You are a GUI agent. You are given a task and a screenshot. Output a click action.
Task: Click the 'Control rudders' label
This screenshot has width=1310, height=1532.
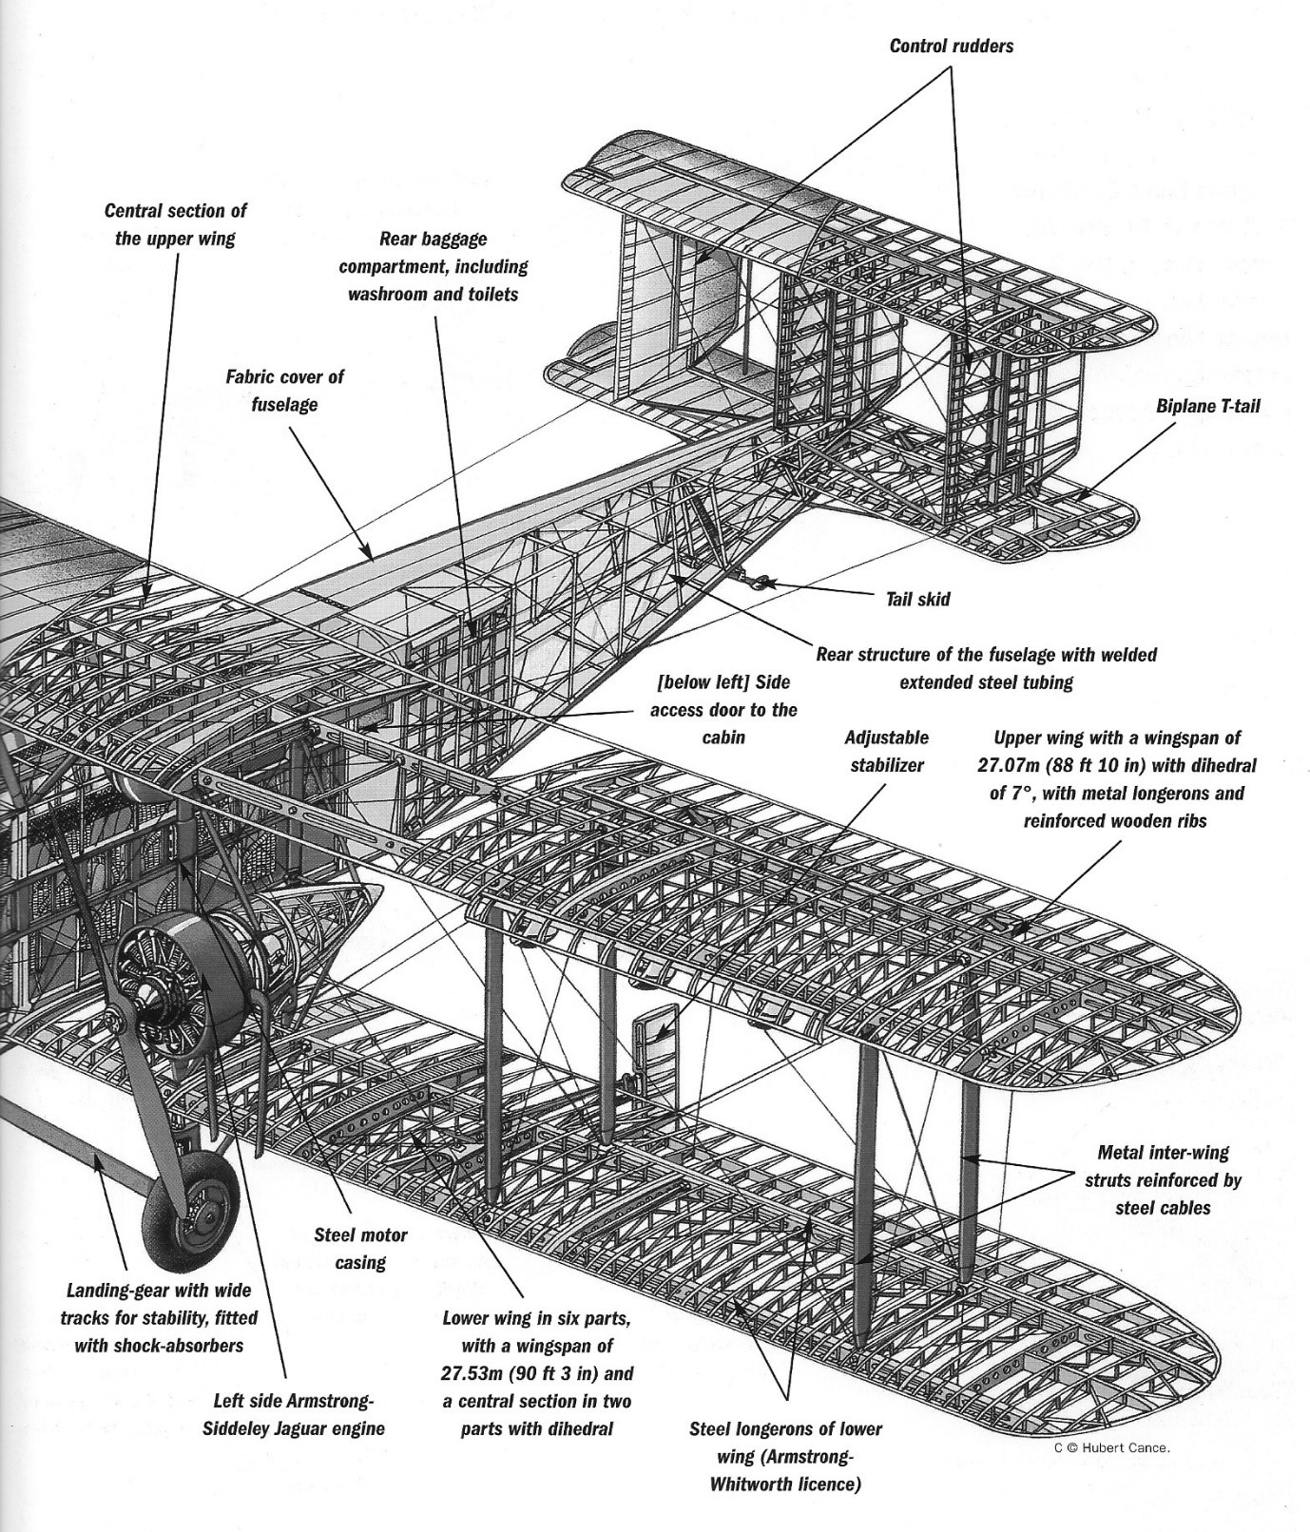tap(951, 46)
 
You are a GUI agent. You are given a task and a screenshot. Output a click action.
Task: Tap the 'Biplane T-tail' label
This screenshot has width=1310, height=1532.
tap(1207, 406)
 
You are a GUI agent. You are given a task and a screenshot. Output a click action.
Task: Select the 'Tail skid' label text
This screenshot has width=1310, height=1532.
tap(917, 599)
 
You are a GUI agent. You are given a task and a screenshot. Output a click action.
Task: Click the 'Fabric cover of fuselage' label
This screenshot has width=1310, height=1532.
tap(284, 390)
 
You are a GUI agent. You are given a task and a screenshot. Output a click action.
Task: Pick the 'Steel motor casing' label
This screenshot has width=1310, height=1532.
tap(360, 1249)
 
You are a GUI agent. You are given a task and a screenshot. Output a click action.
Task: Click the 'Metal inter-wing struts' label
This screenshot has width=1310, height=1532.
tap(1163, 1179)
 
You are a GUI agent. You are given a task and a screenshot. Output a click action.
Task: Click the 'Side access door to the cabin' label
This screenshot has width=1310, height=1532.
tap(723, 709)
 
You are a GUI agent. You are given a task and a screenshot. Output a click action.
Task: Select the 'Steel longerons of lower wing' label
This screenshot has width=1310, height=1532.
tap(785, 1456)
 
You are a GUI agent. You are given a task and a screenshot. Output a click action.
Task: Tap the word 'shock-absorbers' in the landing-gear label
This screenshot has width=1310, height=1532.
tap(159, 1345)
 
